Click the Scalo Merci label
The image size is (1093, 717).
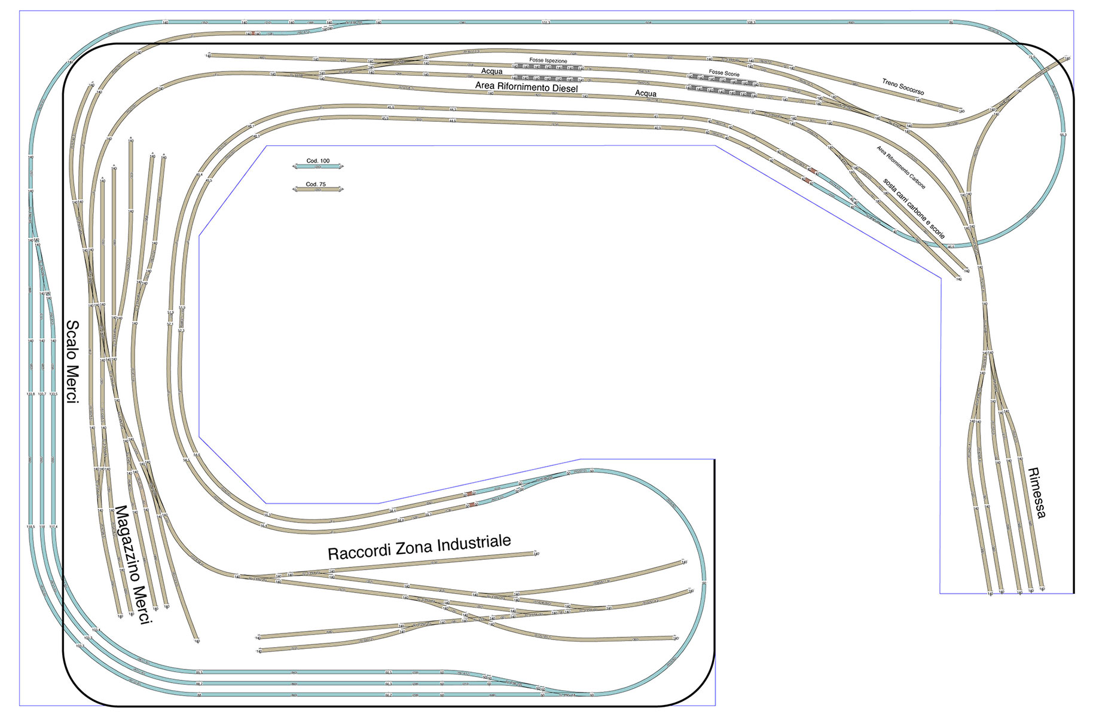(72, 361)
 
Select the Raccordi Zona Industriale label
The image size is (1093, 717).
(419, 547)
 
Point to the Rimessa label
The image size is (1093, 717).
(1036, 492)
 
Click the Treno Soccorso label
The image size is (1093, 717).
(903, 87)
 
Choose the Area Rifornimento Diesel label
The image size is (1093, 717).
(526, 87)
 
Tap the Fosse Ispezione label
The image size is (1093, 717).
(548, 60)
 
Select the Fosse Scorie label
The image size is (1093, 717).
(723, 72)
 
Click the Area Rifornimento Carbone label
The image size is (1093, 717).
(900, 167)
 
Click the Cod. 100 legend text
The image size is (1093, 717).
(317, 161)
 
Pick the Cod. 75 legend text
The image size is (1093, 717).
(316, 184)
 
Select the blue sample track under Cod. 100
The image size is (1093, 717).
(317, 167)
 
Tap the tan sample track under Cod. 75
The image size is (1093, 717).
(317, 190)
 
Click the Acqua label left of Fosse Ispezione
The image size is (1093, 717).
(491, 71)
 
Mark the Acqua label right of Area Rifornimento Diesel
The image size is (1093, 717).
(645, 94)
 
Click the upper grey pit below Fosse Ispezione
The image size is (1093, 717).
(548, 68)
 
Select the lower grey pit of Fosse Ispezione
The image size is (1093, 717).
(548, 78)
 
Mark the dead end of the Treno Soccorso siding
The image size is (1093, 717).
(961, 111)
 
